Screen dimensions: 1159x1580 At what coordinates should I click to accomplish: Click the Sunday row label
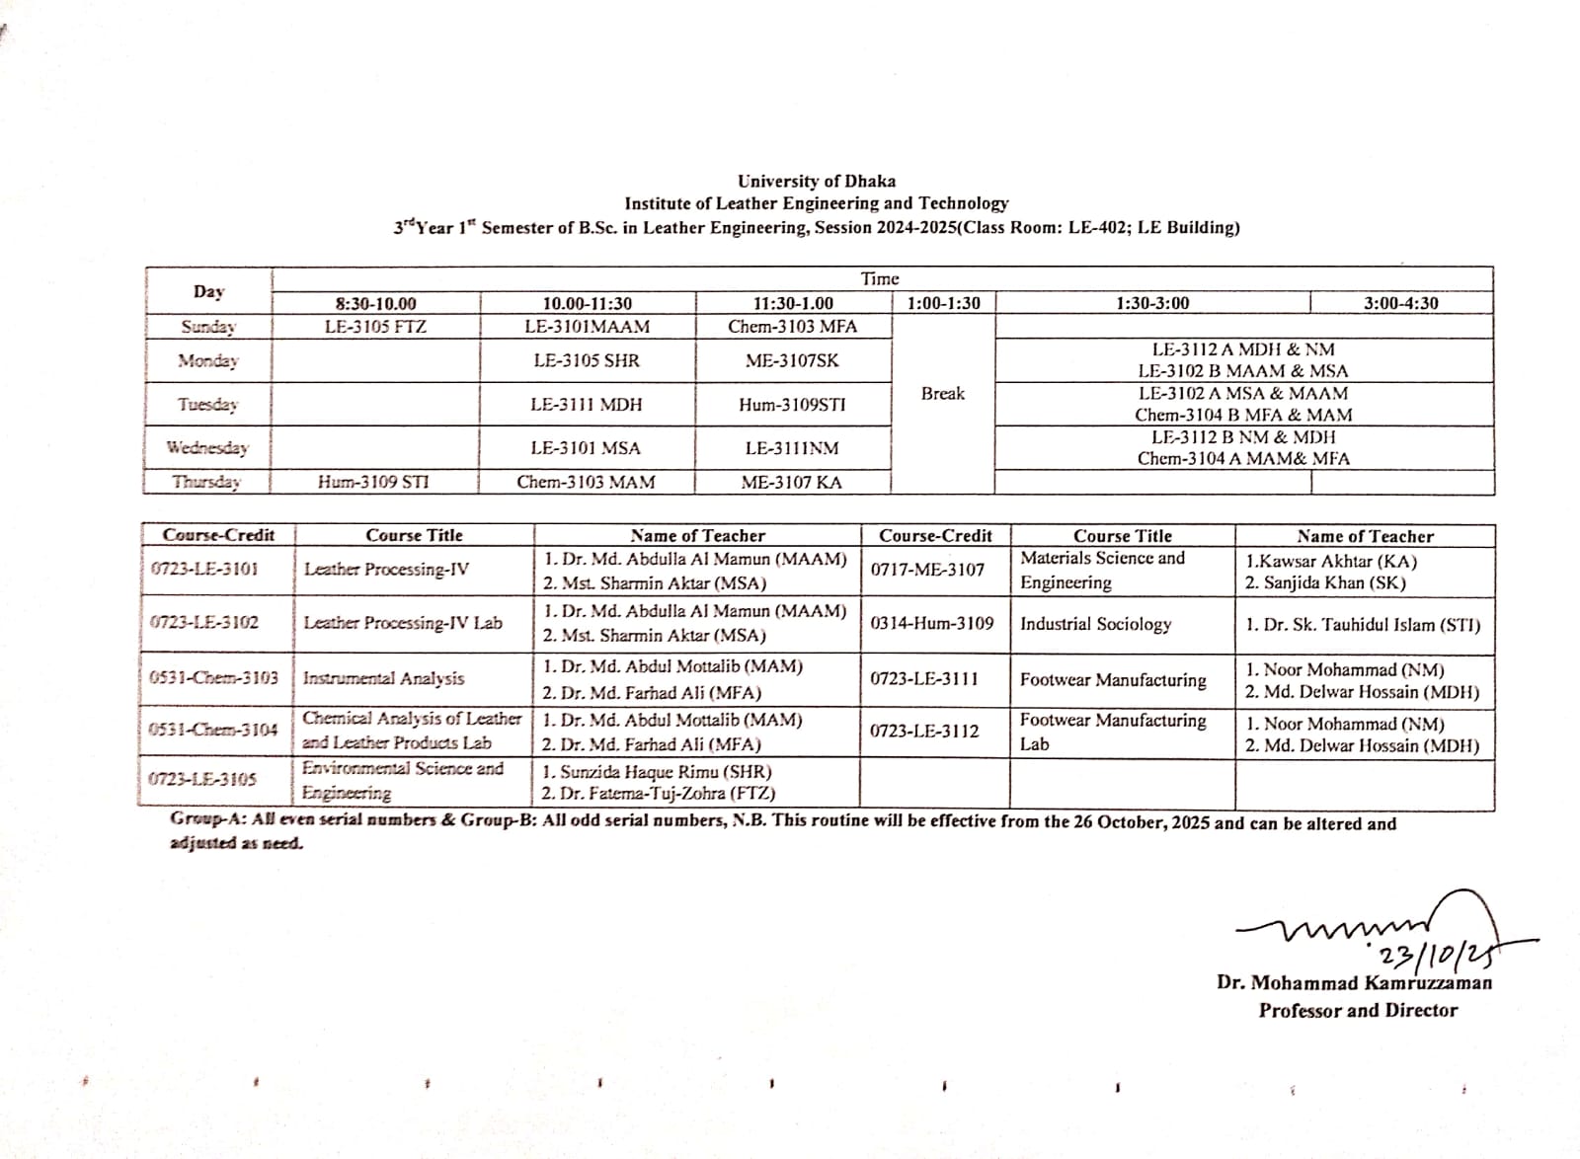coord(208,327)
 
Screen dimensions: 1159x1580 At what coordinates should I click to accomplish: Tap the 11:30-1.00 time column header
coord(792,303)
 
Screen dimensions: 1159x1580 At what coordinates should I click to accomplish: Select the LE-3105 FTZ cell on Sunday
coord(375,327)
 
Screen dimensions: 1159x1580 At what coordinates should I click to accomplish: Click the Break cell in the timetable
coord(942,393)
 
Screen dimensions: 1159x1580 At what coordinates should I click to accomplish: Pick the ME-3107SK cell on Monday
coord(792,360)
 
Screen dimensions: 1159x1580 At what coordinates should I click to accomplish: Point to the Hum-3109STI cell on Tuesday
coord(792,404)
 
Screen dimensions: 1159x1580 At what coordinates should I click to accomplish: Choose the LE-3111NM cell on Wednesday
coord(792,448)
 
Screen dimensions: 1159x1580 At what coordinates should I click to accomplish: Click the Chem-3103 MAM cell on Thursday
coord(586,482)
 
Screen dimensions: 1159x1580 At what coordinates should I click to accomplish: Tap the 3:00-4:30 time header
coord(1400,303)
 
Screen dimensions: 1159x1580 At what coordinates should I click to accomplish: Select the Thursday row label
coord(206,482)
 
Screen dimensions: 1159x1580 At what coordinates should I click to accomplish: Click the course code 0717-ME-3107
coord(927,570)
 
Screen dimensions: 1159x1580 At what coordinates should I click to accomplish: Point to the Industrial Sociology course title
coord(1095,624)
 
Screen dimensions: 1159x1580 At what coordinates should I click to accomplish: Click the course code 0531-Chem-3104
coord(213,730)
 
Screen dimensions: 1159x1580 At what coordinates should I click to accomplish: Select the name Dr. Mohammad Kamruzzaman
coord(1354,982)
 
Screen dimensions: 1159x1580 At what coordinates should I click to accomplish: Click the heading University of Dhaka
coord(817,181)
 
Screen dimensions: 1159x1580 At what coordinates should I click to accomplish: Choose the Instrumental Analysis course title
coord(383,678)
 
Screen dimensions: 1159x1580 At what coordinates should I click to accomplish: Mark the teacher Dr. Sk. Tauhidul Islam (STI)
coord(1363,625)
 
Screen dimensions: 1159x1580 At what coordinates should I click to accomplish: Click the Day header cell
coord(208,291)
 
